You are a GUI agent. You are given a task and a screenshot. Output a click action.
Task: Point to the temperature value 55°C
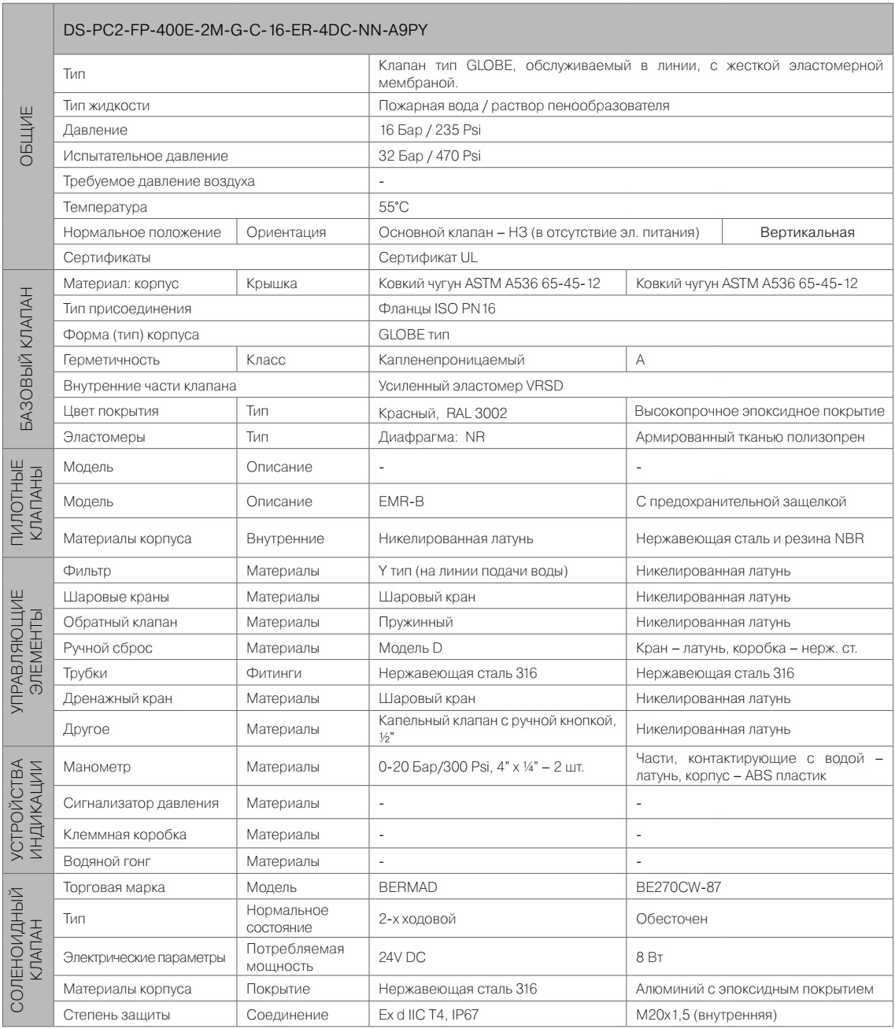click(394, 207)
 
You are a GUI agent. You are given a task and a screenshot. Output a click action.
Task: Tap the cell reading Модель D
click(413, 648)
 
